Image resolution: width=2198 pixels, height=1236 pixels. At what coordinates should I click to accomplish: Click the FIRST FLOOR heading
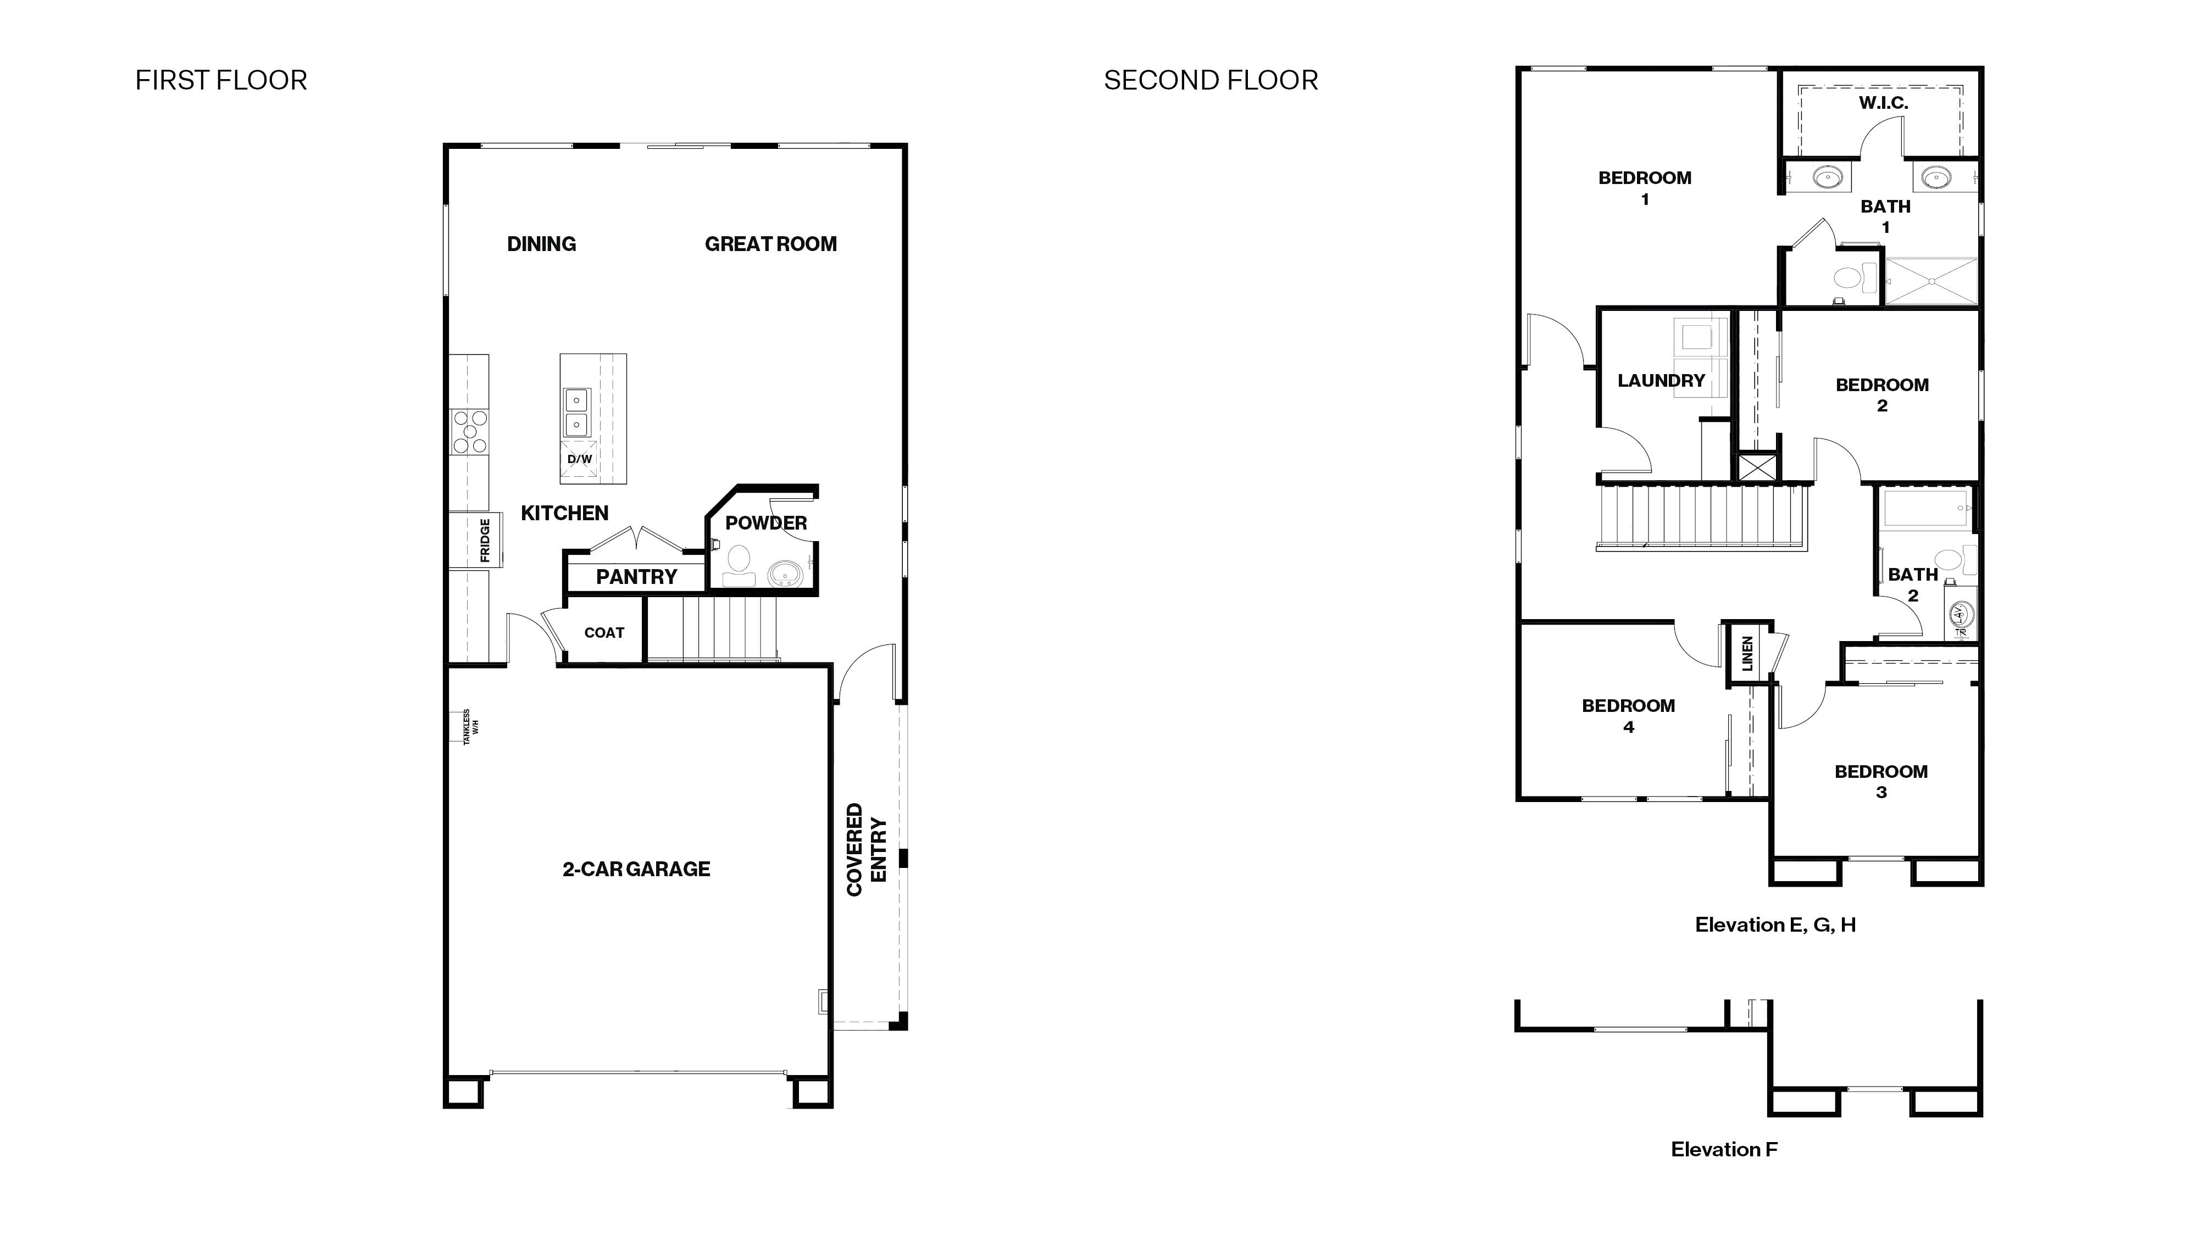[221, 80]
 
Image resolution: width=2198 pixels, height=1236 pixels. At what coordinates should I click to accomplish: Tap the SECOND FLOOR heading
[1210, 80]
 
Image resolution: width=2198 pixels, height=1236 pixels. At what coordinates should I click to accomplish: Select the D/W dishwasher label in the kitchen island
[579, 459]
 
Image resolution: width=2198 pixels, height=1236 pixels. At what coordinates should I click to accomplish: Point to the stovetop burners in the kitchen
[469, 432]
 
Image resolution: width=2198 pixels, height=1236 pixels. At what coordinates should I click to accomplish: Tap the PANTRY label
[636, 577]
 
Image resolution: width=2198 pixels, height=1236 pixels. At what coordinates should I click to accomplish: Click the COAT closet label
[604, 632]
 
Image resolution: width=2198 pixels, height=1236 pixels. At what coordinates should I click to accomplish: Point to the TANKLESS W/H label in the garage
[471, 727]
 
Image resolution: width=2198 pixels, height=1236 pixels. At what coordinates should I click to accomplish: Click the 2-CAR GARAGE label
[636, 869]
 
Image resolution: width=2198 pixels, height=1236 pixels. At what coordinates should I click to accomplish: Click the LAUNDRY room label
[1661, 381]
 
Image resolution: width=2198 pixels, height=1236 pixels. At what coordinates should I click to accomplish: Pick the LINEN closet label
[1747, 653]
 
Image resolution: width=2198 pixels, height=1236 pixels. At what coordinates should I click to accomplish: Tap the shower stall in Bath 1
[1930, 281]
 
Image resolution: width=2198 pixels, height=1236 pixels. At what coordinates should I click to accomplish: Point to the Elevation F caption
[1724, 1149]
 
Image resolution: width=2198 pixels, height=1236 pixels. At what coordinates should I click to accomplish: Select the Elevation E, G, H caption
[1775, 925]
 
